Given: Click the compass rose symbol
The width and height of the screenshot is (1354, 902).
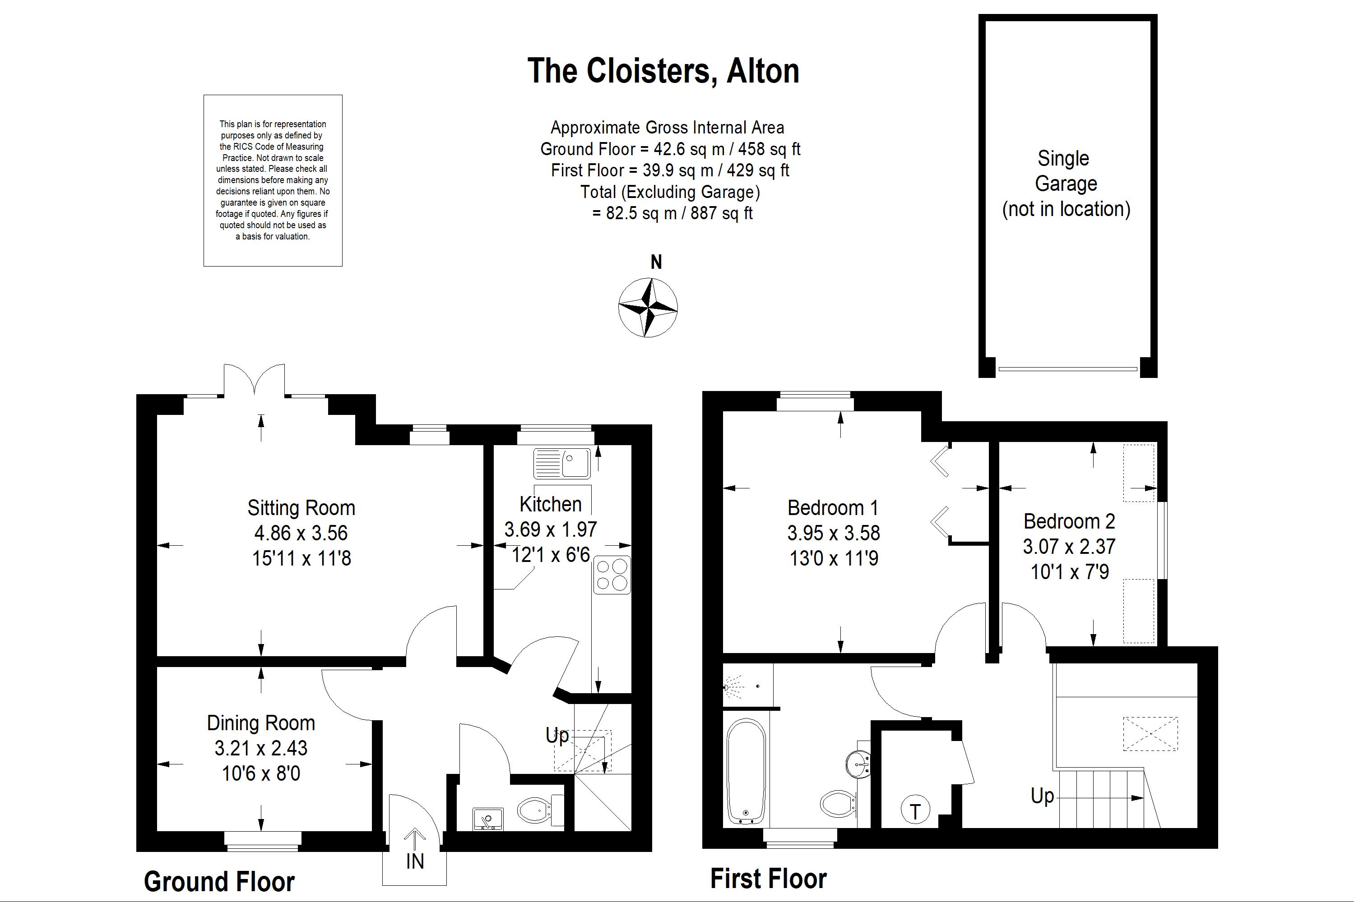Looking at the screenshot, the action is [648, 307].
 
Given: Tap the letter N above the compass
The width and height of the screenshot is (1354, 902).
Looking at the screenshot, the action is [656, 262].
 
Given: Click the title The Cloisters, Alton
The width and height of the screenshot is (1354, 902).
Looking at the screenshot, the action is [663, 71].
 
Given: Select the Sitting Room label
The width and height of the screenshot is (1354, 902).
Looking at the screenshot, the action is [301, 508].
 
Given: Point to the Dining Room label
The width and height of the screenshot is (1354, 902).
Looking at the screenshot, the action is [261, 723].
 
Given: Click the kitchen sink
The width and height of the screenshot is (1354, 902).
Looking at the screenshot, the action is [562, 463].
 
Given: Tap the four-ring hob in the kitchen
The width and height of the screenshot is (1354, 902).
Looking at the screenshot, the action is [612, 575].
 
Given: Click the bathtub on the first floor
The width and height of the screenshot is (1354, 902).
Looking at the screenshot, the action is [746, 771].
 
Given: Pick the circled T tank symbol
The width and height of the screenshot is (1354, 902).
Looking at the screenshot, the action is [915, 810].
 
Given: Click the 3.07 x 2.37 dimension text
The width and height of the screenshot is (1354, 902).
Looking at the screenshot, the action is [1069, 547].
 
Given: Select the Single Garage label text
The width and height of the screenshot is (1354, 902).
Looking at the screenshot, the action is [1066, 184].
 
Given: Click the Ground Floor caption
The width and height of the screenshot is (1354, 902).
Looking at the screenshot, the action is [219, 881].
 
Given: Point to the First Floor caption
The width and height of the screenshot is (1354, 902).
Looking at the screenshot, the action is [769, 879].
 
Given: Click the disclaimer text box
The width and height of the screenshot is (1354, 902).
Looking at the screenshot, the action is [273, 181].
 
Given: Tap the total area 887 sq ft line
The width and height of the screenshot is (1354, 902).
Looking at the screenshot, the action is [672, 213].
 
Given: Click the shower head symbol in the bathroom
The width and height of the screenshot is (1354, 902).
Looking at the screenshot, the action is [733, 687].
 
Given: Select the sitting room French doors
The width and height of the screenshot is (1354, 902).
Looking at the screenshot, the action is [254, 380].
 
